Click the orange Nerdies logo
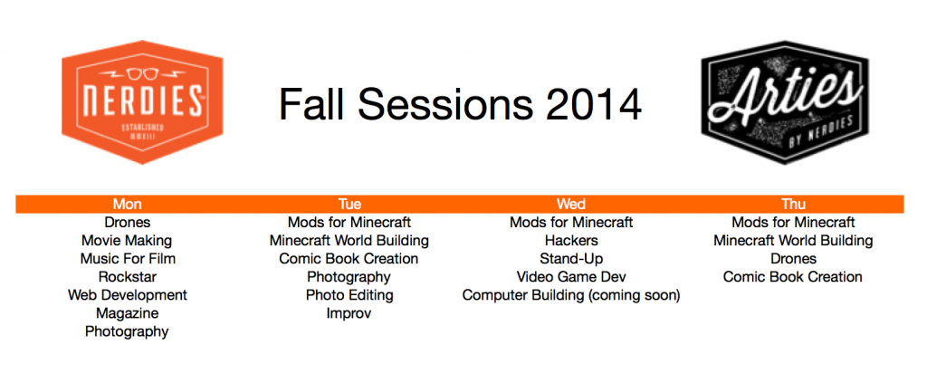pos(142,101)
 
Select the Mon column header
pos(127,205)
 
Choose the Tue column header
pos(349,205)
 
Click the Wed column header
pos(571,205)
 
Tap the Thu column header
pos(793,205)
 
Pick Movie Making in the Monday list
pos(127,241)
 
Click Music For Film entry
pos(128,259)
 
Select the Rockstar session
pos(128,277)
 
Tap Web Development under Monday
pos(128,295)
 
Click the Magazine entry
pos(127,313)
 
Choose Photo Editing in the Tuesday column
pos(349,295)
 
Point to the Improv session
pos(349,313)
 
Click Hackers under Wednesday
pos(571,241)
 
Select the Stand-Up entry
pos(571,259)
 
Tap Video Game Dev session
pos(571,277)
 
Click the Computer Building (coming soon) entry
pos(571,295)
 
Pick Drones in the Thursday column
pos(793,259)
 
